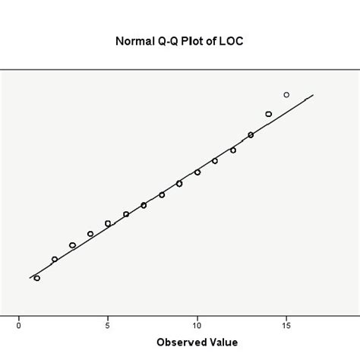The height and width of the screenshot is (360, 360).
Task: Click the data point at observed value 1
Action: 36,278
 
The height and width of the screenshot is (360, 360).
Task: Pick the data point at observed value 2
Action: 55,259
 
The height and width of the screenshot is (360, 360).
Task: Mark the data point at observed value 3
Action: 72,245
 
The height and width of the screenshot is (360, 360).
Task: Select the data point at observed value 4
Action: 90,234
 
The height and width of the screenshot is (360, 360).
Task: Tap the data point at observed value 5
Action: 108,223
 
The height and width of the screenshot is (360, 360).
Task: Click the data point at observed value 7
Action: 144,205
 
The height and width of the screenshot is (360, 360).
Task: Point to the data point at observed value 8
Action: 162,194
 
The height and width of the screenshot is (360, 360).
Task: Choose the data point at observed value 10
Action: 197,172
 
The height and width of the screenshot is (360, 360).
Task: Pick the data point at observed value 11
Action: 215,161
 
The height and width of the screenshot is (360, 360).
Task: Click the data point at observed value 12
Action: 233,150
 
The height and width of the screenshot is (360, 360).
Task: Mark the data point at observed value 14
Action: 269,114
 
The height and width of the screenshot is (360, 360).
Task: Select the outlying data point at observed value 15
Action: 286,95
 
